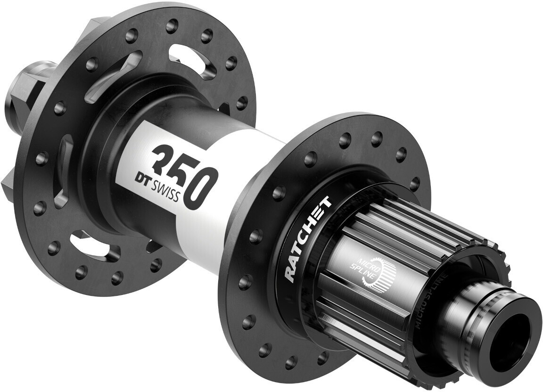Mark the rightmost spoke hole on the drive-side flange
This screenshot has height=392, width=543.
[415, 184]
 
